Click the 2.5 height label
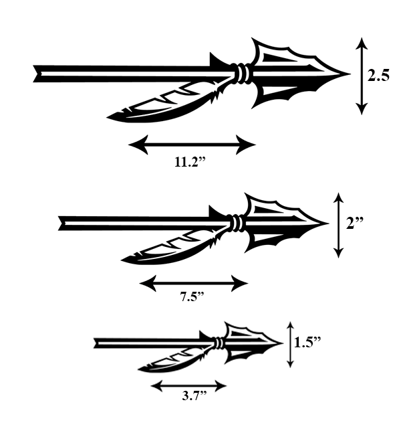[x=378, y=76]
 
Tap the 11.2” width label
[x=190, y=162]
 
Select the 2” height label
[x=355, y=223]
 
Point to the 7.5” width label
[x=192, y=296]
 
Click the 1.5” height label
[x=307, y=342]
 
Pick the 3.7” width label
[x=194, y=395]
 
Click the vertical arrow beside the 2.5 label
[x=362, y=76]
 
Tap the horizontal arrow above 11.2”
[x=192, y=145]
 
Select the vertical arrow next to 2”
[x=338, y=225]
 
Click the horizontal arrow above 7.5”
[x=194, y=283]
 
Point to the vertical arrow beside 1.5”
[x=290, y=345]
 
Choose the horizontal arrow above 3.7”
[x=188, y=385]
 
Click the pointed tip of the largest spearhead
[x=350, y=74]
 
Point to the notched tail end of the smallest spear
[x=96, y=343]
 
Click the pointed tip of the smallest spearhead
[x=283, y=343]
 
